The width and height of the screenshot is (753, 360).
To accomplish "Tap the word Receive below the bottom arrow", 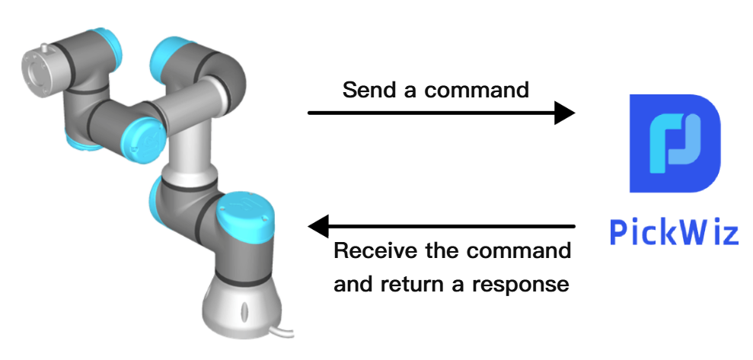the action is click(x=375, y=250).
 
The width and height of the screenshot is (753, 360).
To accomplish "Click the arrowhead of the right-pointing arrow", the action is click(x=565, y=113).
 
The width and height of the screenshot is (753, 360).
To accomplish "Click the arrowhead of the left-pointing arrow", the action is click(x=318, y=226).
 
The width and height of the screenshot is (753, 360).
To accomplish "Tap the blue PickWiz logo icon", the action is click(x=675, y=143).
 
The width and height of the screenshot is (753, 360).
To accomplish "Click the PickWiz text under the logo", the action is click(x=674, y=232).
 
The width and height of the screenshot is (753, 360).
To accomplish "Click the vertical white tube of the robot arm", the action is click(x=190, y=144).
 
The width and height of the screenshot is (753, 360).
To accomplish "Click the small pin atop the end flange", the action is click(x=45, y=49).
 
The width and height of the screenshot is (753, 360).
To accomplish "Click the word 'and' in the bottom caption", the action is click(x=353, y=284).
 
